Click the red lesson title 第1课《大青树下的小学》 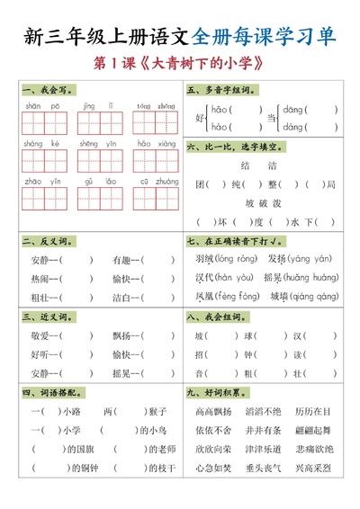coord(179,64)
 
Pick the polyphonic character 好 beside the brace coord(199,117)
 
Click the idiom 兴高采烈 coord(313,468)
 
